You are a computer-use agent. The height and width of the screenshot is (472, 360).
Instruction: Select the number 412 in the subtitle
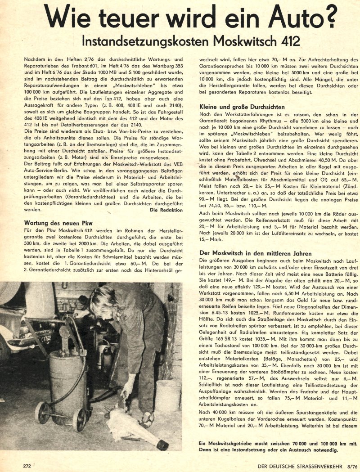tap(288, 41)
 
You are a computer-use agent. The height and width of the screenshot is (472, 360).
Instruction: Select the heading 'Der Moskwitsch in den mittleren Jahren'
tap(255, 254)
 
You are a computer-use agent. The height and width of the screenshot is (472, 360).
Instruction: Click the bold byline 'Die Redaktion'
tap(166, 210)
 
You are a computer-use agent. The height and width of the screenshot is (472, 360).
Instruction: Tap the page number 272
tap(27, 466)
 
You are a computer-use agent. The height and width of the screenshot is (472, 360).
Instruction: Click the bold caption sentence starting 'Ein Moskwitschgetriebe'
tap(269, 446)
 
